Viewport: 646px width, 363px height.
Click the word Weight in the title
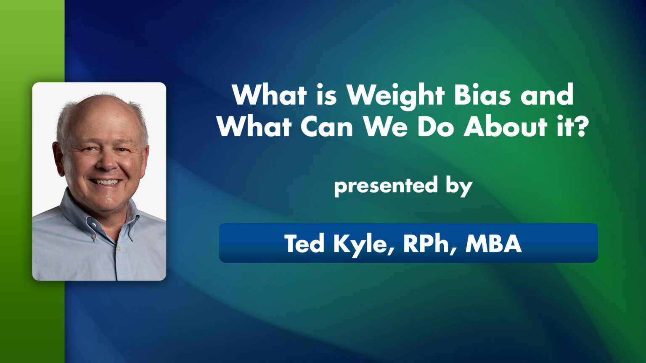[x=395, y=95]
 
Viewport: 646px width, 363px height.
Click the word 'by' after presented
[x=459, y=187]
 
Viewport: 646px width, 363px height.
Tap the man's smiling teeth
[x=106, y=182]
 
